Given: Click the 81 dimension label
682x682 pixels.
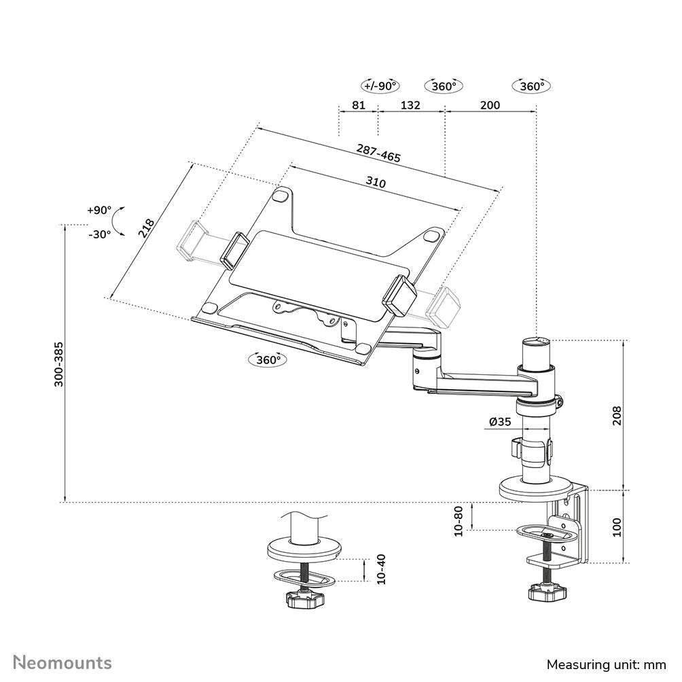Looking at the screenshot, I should click(359, 105).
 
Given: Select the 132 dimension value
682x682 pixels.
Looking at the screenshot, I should click(410, 105).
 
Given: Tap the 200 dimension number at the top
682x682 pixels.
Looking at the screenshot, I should click(489, 105).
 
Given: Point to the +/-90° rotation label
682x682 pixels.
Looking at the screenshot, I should click(380, 86).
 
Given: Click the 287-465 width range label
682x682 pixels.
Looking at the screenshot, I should click(378, 153).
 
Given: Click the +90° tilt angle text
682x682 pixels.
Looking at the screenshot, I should click(98, 210).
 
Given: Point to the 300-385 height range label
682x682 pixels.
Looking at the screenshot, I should click(59, 364).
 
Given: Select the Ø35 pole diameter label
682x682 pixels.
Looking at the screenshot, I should click(499, 422).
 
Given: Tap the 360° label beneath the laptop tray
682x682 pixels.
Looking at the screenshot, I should click(268, 360).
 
